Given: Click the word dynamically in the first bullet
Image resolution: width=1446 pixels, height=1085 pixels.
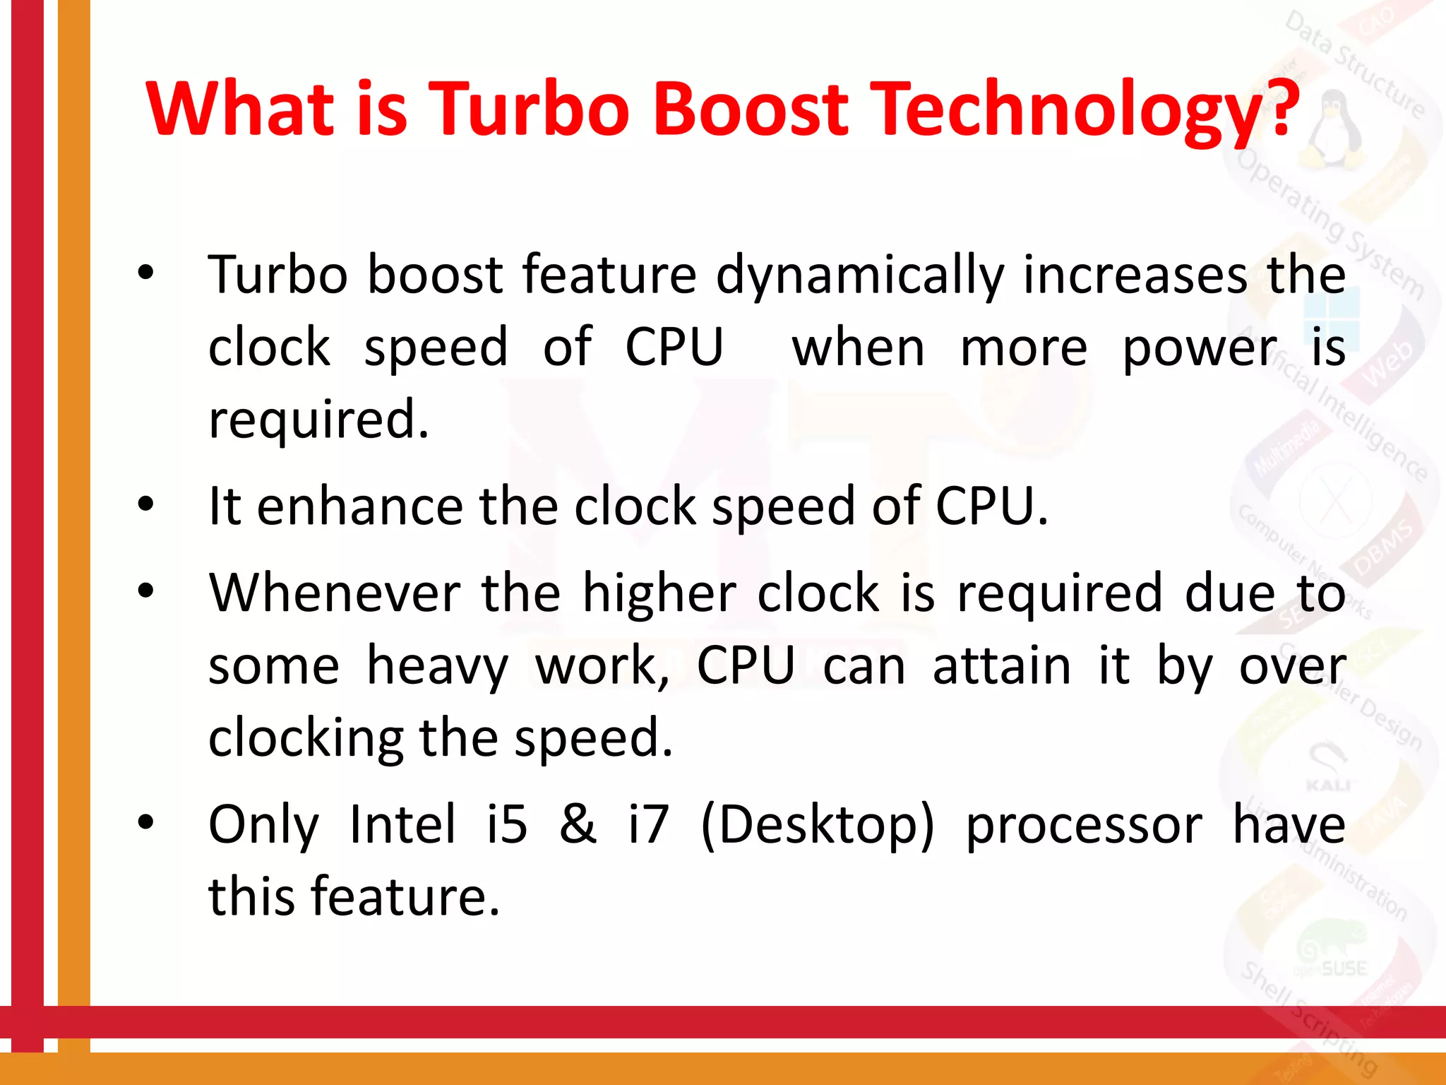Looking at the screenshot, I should click(860, 276).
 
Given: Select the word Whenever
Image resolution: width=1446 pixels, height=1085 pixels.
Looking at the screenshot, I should click(335, 593).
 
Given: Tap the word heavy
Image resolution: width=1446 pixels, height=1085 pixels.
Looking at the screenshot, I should click(437, 667).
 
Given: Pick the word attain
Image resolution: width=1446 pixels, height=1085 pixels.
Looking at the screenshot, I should click(1002, 667).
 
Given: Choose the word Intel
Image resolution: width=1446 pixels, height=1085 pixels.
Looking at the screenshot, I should click(402, 824).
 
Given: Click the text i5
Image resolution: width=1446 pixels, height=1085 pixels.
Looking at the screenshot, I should click(507, 824).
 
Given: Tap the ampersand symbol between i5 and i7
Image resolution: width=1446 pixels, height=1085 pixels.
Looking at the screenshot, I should click(578, 824).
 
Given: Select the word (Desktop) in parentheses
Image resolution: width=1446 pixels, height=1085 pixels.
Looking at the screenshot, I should click(817, 826).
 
